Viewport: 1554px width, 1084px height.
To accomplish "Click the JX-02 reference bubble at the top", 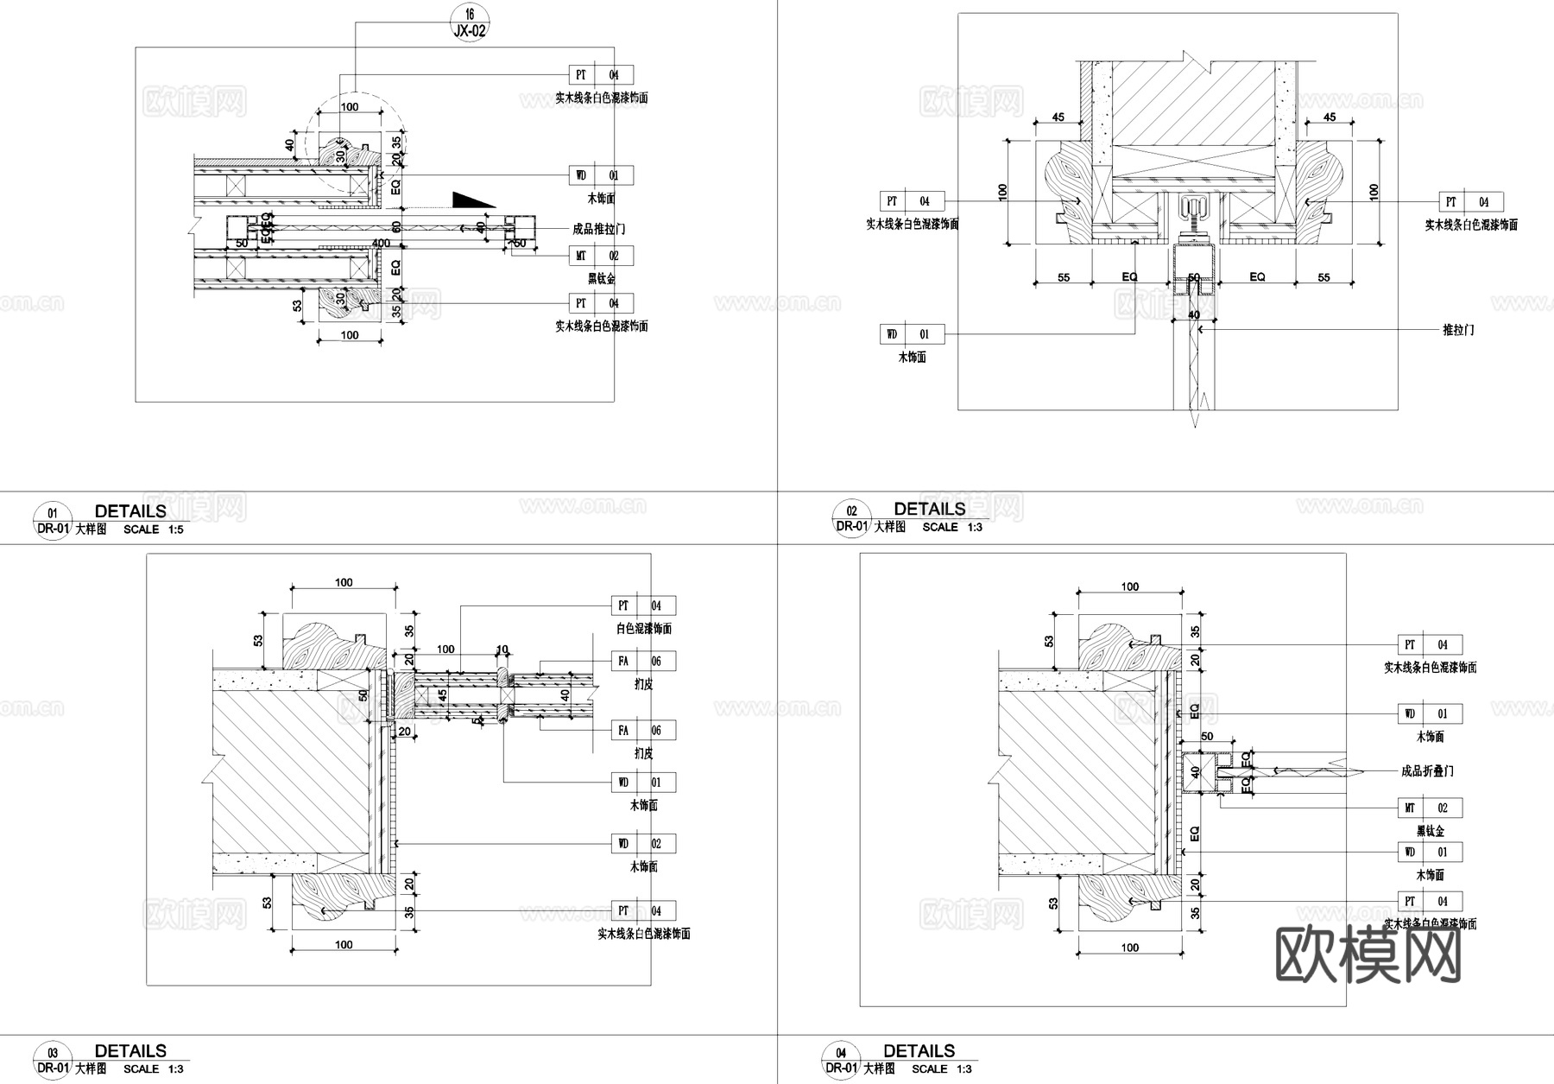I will point(470,23).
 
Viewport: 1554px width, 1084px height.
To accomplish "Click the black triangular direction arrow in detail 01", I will point(470,200).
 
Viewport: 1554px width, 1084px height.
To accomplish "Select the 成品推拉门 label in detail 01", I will point(598,229).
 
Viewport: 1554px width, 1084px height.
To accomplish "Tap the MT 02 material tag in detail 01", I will point(601,256).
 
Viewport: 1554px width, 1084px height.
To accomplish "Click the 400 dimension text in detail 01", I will point(381,244).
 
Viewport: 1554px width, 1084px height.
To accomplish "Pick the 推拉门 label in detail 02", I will point(1458,329).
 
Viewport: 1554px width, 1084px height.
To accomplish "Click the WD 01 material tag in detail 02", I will point(912,334).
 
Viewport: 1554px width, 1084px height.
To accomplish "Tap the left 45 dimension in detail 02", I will point(1058,117).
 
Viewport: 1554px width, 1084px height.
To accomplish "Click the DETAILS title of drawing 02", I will point(930,509).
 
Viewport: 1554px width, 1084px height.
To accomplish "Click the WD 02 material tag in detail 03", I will point(643,843).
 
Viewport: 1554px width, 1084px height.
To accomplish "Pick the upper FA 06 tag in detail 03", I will point(643,661).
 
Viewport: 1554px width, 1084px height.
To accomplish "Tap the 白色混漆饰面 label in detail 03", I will point(643,629).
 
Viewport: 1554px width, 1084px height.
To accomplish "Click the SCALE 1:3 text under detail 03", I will point(153,1068).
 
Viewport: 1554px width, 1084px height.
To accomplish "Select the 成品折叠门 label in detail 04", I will point(1427,770).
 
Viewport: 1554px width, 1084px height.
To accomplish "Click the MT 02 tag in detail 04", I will point(1430,808).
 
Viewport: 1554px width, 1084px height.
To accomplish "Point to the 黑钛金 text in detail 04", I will point(1430,831).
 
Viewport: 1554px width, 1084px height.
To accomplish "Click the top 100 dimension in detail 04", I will point(1129,586).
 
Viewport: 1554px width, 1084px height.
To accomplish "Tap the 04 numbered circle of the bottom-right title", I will point(841,1053).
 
